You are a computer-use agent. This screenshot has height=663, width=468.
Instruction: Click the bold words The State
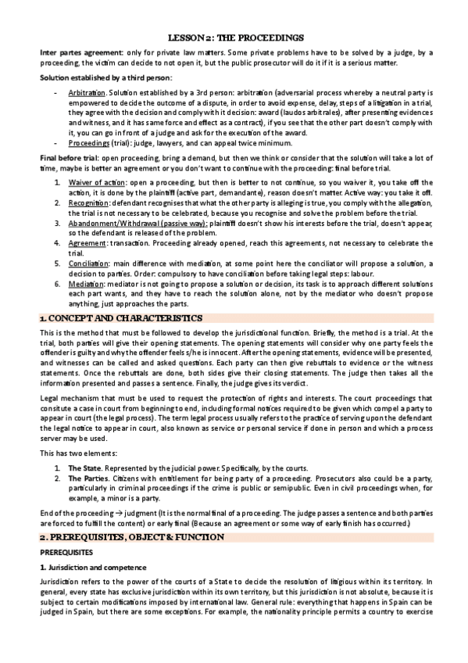(84, 456)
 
